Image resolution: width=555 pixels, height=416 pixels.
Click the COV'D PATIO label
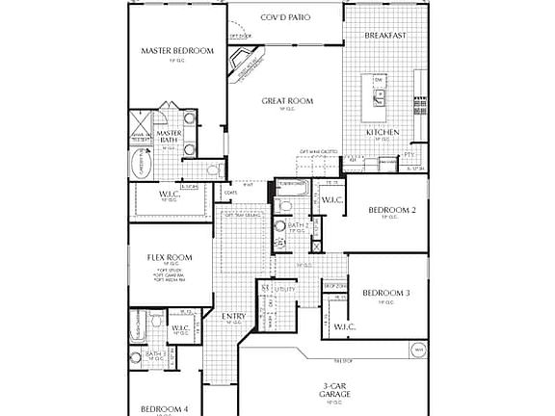pos(285,18)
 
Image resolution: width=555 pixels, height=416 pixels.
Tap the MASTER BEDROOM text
pos(176,51)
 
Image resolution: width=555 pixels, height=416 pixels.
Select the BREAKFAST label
pos(385,36)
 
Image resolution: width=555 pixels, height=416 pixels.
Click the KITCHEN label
pos(383,132)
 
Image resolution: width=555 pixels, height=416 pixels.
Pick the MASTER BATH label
pos(170,138)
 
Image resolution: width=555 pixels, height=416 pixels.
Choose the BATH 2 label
pos(288,226)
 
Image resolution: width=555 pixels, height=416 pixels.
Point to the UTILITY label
pos(284,288)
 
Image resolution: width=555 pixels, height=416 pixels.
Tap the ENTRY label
pos(234,317)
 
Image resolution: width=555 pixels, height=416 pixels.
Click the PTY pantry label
pos(410,154)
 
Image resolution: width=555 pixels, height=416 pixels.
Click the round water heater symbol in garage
pos(419,350)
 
